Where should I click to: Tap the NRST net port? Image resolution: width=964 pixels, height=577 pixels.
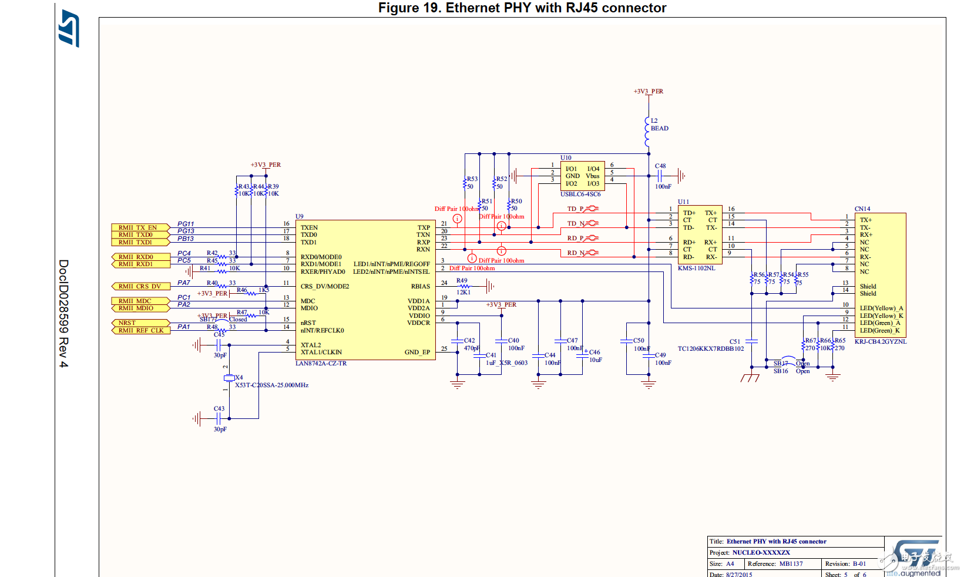pyautogui.click(x=129, y=323)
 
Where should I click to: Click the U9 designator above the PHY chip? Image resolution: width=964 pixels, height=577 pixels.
pyautogui.click(x=300, y=217)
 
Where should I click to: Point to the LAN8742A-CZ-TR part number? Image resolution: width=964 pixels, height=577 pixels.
pyautogui.click(x=321, y=364)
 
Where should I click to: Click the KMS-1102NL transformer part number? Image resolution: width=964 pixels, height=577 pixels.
pyautogui.click(x=697, y=269)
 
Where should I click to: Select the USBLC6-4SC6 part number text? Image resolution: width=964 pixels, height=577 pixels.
pyautogui.click(x=580, y=194)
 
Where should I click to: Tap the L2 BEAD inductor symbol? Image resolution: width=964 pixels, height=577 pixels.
pyautogui.click(x=647, y=132)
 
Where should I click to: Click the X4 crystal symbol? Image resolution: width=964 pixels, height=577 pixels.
pyautogui.click(x=229, y=378)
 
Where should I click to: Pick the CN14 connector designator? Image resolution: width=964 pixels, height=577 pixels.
pyautogui.click(x=862, y=209)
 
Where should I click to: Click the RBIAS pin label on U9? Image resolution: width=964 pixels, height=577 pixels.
pyautogui.click(x=421, y=287)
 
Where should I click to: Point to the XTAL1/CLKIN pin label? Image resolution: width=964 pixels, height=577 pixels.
pyautogui.click(x=321, y=353)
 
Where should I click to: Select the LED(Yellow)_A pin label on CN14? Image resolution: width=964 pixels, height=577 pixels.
pyautogui.click(x=881, y=308)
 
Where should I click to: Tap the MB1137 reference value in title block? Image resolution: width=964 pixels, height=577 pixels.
pyautogui.click(x=791, y=564)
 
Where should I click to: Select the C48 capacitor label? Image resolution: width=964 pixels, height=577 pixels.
pyautogui.click(x=660, y=166)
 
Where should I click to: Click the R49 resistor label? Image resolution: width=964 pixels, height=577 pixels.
pyautogui.click(x=462, y=281)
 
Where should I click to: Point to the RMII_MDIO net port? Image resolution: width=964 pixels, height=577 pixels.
pyautogui.click(x=136, y=308)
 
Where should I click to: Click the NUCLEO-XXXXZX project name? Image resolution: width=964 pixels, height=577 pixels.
pyautogui.click(x=761, y=553)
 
